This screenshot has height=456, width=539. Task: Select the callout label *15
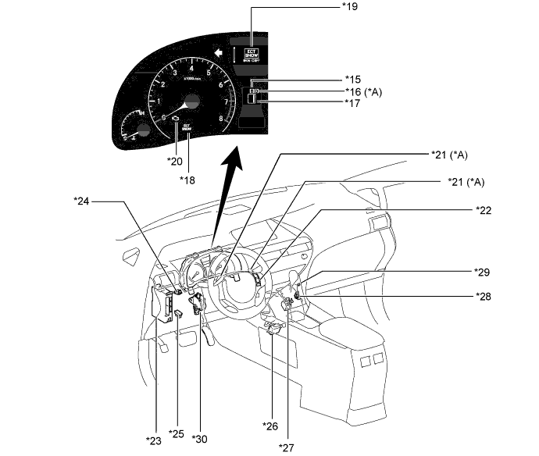click(353, 79)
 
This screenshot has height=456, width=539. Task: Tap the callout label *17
click(353, 102)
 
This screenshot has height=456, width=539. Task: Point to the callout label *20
click(174, 161)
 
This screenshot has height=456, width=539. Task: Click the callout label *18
click(187, 180)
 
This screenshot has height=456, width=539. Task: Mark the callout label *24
click(82, 200)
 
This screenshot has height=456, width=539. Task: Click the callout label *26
click(270, 426)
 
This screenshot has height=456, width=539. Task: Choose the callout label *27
click(288, 446)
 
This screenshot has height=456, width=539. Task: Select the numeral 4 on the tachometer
click(191, 68)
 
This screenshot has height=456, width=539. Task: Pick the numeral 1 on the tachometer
click(159, 101)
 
